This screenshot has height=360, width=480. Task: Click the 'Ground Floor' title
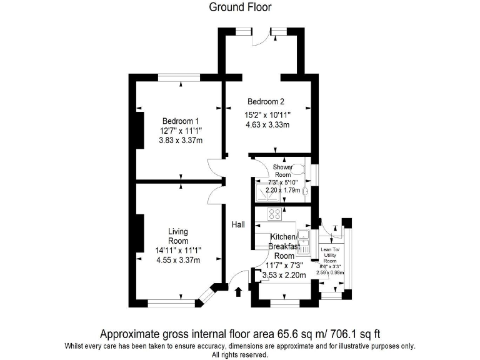point(240,7)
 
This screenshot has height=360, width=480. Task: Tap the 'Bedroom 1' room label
point(181,121)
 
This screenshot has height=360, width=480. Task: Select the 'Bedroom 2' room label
point(266,102)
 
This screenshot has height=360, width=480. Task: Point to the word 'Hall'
point(239,224)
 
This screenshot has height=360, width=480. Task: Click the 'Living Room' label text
point(178,236)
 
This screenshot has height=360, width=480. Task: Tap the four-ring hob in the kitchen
point(274,214)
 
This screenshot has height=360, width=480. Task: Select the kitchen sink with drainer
point(304,242)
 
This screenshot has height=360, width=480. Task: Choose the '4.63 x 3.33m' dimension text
point(267,125)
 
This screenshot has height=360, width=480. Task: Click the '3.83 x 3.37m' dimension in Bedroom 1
point(181,141)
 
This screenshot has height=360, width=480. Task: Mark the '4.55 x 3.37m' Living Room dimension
point(178,261)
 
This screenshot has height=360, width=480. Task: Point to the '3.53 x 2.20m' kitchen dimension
point(284,274)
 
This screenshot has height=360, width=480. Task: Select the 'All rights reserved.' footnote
point(240,354)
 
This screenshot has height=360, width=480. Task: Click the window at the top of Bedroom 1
point(179,77)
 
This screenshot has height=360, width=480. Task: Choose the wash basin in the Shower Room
point(305,192)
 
